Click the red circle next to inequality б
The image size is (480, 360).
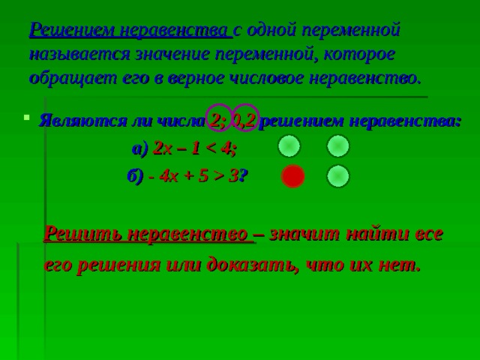pyautogui.click(x=293, y=176)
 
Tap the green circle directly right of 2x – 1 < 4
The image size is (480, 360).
pyautogui.click(x=289, y=146)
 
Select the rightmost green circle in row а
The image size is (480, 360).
pyautogui.click(x=338, y=146)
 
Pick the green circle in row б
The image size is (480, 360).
pyautogui.click(x=338, y=176)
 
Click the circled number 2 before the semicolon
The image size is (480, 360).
pyautogui.click(x=216, y=121)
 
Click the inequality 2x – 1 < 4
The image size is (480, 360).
pyautogui.click(x=195, y=149)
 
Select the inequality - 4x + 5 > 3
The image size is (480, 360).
pyautogui.click(x=193, y=177)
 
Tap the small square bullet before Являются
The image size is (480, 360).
pyautogui.click(x=27, y=117)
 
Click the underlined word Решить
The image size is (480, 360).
pyautogui.click(x=83, y=235)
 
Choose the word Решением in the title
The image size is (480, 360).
pyautogui.click(x=71, y=30)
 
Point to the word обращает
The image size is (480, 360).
pyautogui.click(x=73, y=79)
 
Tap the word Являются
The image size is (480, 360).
pyautogui.click(x=82, y=121)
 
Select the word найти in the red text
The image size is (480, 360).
pyautogui.click(x=378, y=235)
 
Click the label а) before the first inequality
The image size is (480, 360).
pyautogui.click(x=140, y=149)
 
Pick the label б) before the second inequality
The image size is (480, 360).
pyautogui.click(x=135, y=177)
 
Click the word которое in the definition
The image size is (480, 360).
pyautogui.click(x=359, y=55)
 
